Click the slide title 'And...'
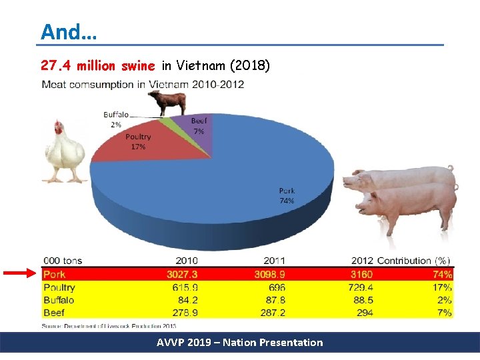pyautogui.click(x=68, y=31)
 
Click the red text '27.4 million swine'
pyautogui.click(x=97, y=65)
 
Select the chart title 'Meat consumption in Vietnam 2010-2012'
pyautogui.click(x=143, y=85)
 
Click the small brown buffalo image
pyautogui.click(x=167, y=103)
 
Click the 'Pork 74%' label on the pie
pyautogui.click(x=287, y=195)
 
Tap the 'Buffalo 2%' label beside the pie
pyautogui.click(x=116, y=119)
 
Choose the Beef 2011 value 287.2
pyautogui.click(x=272, y=312)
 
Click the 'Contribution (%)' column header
pyautogui.click(x=413, y=260)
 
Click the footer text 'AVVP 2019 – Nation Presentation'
pyautogui.click(x=240, y=343)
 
